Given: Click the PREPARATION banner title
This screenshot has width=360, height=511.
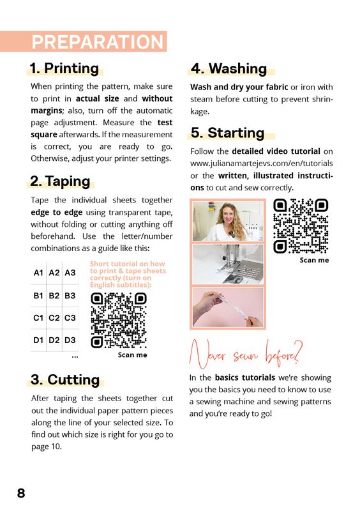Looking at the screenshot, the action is (98, 42).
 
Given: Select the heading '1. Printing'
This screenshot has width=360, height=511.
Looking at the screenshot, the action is (64, 68).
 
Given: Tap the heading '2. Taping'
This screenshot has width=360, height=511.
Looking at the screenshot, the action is (60, 181).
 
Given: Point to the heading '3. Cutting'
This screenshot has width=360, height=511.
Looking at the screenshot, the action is (65, 379).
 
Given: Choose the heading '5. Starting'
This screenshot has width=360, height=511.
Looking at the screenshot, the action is (227, 133).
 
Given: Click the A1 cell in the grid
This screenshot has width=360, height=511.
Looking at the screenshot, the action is (38, 273).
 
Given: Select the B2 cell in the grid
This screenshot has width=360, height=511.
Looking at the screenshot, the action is (54, 296).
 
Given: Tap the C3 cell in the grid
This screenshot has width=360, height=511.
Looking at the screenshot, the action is (70, 317).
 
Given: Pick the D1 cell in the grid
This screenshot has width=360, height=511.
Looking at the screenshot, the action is (38, 340).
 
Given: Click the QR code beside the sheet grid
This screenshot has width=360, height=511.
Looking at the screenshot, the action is (119, 321).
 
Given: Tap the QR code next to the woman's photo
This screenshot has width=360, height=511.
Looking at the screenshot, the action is (301, 226).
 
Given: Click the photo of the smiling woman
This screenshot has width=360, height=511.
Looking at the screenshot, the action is (228, 221).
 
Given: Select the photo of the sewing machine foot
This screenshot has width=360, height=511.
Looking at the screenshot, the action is (228, 264).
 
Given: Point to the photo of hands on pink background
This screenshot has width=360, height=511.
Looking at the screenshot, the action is (228, 307).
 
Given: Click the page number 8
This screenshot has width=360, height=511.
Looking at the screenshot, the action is (21, 493).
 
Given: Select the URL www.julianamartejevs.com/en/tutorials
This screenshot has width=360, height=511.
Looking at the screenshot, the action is (262, 164).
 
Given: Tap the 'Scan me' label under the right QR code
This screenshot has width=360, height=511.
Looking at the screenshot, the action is (315, 260).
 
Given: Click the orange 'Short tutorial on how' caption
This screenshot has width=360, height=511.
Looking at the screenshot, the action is (128, 264).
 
